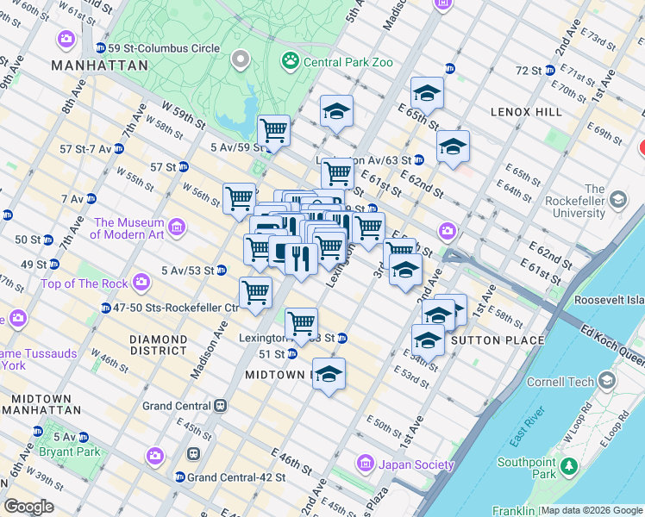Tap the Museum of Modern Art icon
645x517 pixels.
[x=177, y=227]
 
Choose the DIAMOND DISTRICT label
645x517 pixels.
[x=159, y=345]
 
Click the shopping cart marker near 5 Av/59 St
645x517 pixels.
[x=273, y=131]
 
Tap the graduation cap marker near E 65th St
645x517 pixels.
[x=427, y=92]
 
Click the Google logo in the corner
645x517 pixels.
[x=29, y=507]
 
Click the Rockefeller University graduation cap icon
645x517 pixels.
[x=617, y=201]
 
